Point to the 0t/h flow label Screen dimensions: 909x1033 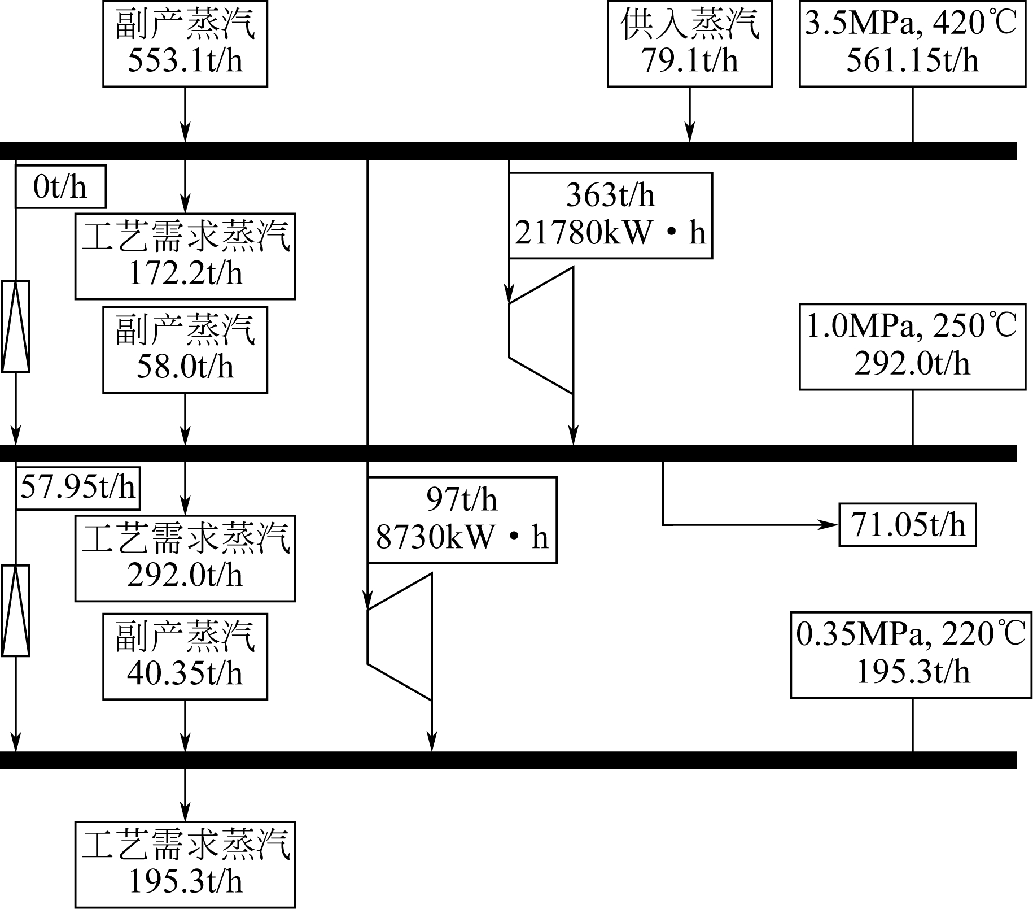[x=60, y=187]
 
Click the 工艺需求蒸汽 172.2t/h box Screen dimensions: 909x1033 [x=185, y=256]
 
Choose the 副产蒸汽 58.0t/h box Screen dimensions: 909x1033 [x=185, y=350]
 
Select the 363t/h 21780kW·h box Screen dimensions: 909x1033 [x=610, y=215]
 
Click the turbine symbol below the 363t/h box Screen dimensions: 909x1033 [x=541, y=330]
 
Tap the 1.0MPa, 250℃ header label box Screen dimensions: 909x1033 [x=912, y=346]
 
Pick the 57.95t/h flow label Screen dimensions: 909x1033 [x=78, y=488]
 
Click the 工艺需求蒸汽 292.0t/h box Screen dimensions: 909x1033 [x=185, y=558]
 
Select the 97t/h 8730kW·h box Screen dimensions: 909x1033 [x=462, y=520]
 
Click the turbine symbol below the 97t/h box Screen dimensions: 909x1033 [x=400, y=637]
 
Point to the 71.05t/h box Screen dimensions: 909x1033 [x=907, y=525]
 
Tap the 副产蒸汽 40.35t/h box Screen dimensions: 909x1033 [x=185, y=656]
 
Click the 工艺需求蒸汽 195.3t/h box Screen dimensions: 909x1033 [x=185, y=865]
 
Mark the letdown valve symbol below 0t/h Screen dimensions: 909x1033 [x=16, y=327]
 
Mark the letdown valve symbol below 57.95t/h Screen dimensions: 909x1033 [x=16, y=611]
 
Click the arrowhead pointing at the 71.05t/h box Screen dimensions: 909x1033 [x=831, y=525]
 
